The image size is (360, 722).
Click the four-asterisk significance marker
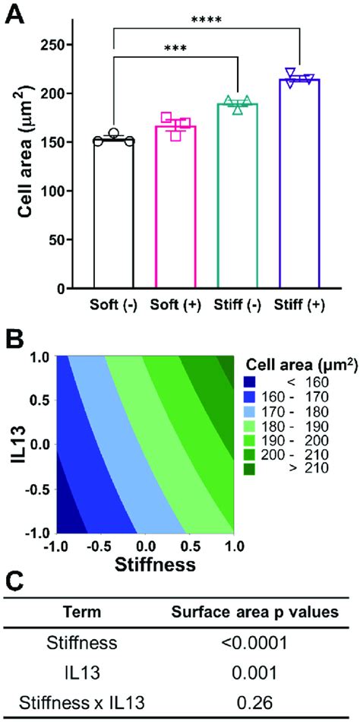click(x=207, y=20)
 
